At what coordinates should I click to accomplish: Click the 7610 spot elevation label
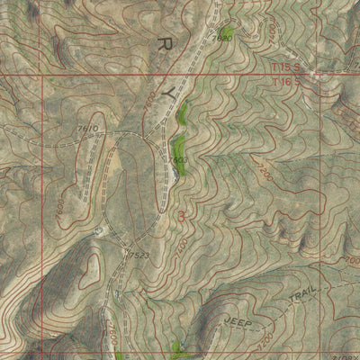pyautogui.click(x=87, y=130)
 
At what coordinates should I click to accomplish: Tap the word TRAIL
pyautogui.click(x=303, y=300)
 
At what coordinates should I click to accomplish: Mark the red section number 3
pyautogui.click(x=184, y=216)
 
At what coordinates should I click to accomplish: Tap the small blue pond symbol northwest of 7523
pyautogui.click(x=99, y=231)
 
